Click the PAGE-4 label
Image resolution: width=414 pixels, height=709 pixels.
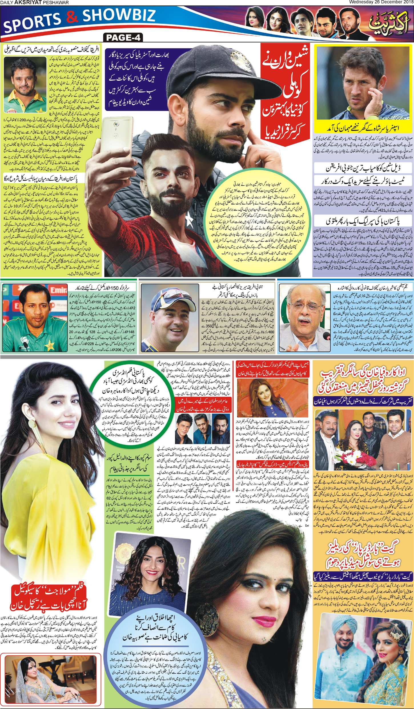pyautogui.click(x=123, y=38)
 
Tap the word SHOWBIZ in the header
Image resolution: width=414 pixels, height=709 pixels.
pyautogui.click(x=119, y=16)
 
